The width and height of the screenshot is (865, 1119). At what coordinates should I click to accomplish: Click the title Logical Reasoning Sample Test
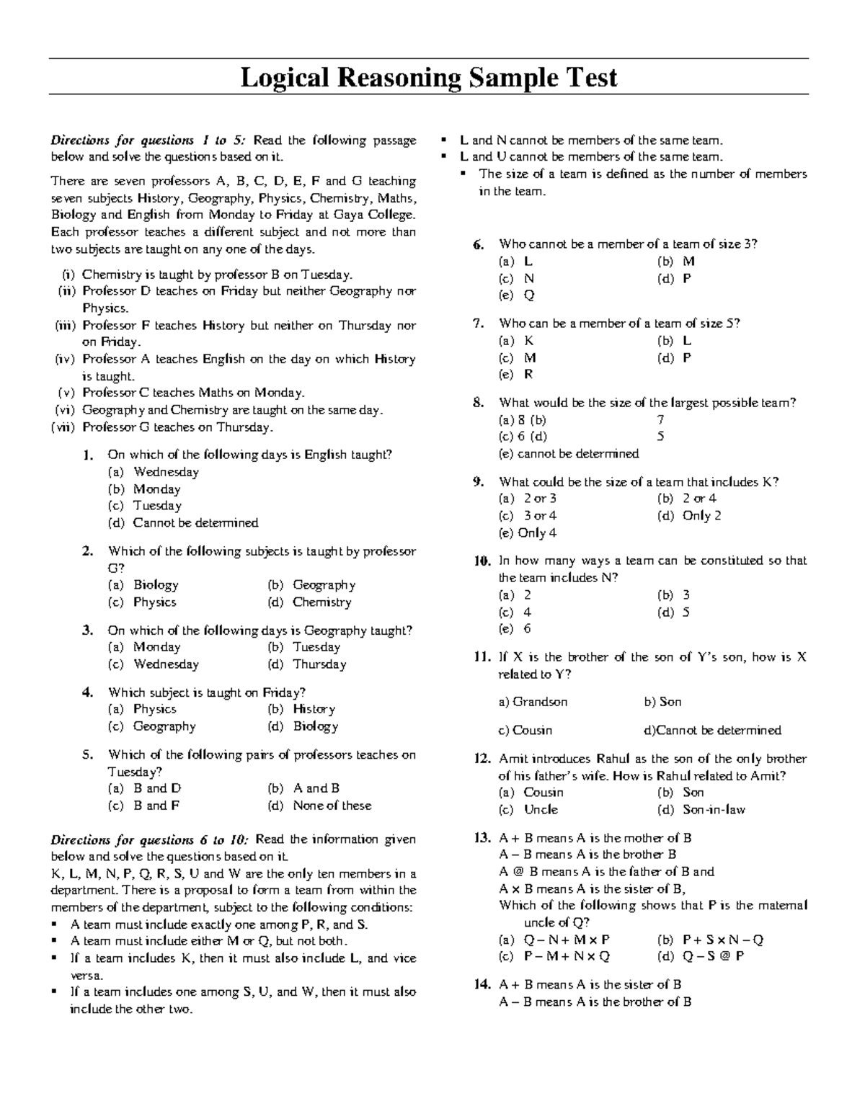pyautogui.click(x=428, y=77)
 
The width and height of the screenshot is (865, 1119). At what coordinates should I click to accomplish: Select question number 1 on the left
pyautogui.click(x=88, y=455)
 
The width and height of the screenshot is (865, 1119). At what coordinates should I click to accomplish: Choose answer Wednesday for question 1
pyautogui.click(x=166, y=472)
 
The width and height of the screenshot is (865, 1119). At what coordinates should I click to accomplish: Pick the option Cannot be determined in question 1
pyautogui.click(x=195, y=522)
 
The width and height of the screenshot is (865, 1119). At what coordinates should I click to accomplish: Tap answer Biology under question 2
pyautogui.click(x=156, y=585)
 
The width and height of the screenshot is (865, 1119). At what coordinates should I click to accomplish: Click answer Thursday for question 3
pyautogui.click(x=319, y=664)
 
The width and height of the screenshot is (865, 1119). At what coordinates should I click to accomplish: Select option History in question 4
pyautogui.click(x=314, y=709)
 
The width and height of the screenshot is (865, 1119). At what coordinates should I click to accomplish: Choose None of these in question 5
pyautogui.click(x=332, y=806)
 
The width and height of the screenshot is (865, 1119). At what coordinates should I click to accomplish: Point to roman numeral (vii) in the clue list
pyautogui.click(x=63, y=427)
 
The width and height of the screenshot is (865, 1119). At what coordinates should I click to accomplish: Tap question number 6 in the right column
pyautogui.click(x=479, y=244)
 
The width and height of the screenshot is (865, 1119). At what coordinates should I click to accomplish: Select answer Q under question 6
pyautogui.click(x=529, y=295)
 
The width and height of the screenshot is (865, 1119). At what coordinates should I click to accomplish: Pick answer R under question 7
pyautogui.click(x=528, y=375)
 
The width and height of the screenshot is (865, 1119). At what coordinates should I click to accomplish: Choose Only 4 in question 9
pyautogui.click(x=537, y=533)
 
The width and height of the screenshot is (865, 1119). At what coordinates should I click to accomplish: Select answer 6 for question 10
pyautogui.click(x=528, y=629)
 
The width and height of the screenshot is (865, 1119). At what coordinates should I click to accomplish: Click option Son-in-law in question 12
pyautogui.click(x=714, y=810)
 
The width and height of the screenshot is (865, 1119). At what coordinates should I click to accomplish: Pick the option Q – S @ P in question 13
pyautogui.click(x=713, y=956)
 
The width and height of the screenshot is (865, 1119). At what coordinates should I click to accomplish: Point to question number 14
pyautogui.click(x=482, y=985)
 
